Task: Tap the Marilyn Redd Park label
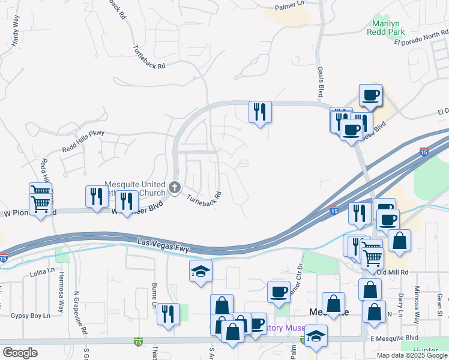point(387,27)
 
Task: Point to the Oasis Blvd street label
point(321,83)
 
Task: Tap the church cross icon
point(175,188)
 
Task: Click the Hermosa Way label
point(61,299)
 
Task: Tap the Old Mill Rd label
point(394,272)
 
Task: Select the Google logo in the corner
point(20,352)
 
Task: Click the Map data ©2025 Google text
point(411,355)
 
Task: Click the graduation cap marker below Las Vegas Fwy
point(200,271)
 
